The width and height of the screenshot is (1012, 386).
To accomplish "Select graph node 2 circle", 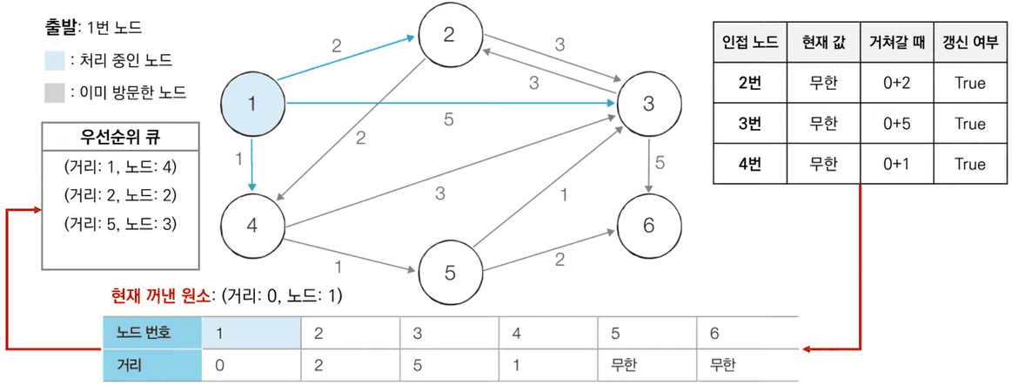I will [449, 35].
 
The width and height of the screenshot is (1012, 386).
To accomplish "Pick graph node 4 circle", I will [252, 225].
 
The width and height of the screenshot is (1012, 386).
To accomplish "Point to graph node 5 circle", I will [449, 273].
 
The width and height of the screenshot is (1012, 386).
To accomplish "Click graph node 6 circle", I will [647, 225].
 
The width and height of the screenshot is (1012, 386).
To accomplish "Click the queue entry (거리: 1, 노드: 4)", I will [120, 166].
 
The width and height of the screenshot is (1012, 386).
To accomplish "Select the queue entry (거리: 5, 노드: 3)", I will [120, 224].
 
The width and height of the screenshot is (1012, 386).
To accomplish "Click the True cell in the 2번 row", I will [969, 84].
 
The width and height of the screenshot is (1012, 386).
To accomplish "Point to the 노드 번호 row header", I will [150, 332].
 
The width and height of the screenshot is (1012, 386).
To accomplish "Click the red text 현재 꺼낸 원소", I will [161, 295].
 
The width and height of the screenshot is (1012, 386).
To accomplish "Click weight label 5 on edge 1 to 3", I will [448, 120].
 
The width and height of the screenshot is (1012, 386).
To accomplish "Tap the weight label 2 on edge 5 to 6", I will [560, 258].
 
